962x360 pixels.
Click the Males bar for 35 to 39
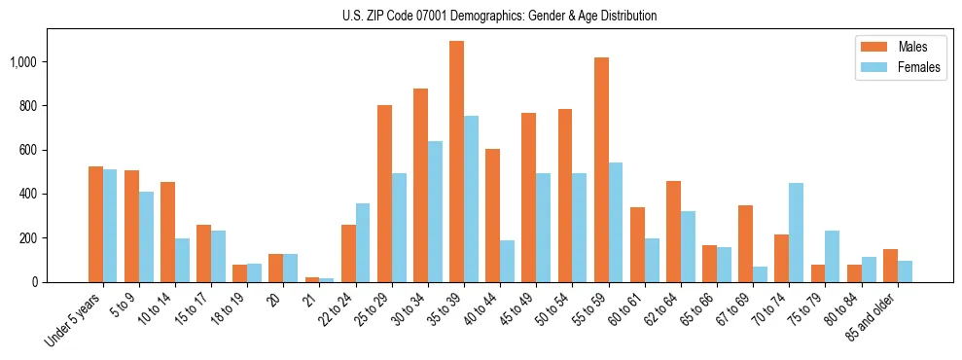tap(456, 162)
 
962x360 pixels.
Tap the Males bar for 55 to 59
tap(601, 170)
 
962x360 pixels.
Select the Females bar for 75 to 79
tap(832, 256)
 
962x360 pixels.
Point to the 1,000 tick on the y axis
tap(22, 62)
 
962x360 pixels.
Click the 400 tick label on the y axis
tap(27, 194)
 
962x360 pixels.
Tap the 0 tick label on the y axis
tap(34, 282)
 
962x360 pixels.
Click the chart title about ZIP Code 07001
tap(499, 16)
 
